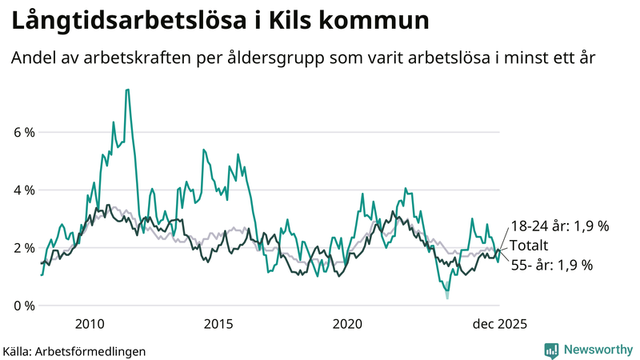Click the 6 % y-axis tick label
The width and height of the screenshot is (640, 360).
23,132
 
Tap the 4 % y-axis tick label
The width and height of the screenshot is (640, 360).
23,190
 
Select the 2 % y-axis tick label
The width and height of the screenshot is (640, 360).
23,248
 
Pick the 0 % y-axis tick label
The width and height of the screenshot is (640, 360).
23,306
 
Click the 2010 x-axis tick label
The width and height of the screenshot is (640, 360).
90,324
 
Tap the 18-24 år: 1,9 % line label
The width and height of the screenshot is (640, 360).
559,226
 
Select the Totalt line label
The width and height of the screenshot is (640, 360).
530,246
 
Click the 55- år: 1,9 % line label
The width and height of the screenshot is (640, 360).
551,265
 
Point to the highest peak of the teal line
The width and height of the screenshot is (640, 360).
127,90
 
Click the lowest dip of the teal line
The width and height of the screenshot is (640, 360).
447,297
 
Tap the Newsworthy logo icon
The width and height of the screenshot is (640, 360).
551,350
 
